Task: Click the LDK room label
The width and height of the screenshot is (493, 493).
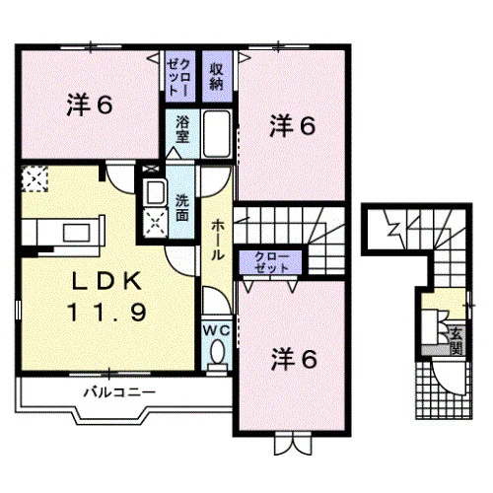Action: tap(107, 281)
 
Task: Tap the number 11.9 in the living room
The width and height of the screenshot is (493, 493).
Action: tap(107, 312)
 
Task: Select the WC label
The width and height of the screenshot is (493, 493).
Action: tap(216, 330)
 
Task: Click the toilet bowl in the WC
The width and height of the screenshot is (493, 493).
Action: tap(217, 352)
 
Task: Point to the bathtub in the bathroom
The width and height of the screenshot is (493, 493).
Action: tap(217, 134)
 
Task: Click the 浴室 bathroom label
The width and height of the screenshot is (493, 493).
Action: tap(182, 129)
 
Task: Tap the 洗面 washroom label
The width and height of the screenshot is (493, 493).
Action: tap(182, 208)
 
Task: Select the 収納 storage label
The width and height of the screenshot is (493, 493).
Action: tap(216, 77)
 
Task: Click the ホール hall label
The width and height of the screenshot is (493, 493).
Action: tap(217, 240)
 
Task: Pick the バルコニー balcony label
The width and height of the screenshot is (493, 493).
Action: tap(119, 392)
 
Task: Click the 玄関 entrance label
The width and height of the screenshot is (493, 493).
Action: tap(457, 340)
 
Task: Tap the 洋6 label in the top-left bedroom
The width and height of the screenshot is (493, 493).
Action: tap(90, 106)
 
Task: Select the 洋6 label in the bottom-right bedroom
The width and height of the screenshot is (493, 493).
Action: tap(294, 360)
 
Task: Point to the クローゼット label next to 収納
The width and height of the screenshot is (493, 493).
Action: tap(178, 77)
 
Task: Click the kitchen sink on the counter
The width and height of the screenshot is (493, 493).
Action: tap(77, 233)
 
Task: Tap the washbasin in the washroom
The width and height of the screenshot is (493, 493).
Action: tap(155, 193)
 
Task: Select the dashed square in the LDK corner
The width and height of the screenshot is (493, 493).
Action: tap(35, 178)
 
